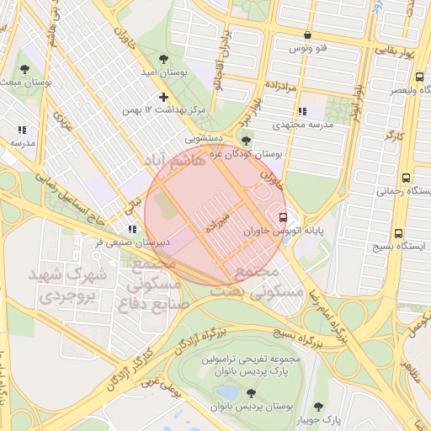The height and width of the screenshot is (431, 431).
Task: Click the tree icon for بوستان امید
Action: (162, 59)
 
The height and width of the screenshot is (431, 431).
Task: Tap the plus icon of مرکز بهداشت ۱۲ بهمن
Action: (163, 97)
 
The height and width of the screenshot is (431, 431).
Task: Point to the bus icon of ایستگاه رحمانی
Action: (407, 178)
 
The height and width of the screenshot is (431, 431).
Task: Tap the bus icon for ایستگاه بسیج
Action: (398, 234)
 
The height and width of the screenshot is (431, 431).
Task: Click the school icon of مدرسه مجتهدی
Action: (302, 111)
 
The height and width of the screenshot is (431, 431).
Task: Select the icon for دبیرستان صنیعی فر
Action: (131, 229)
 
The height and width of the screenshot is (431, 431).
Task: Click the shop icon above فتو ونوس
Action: (307, 35)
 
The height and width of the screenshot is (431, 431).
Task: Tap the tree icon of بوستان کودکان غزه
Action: (245, 141)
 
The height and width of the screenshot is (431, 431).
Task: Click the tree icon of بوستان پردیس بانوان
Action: (251, 393)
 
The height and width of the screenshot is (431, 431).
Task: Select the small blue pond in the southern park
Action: (226, 392)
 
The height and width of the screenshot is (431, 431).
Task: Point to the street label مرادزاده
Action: (287, 86)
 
